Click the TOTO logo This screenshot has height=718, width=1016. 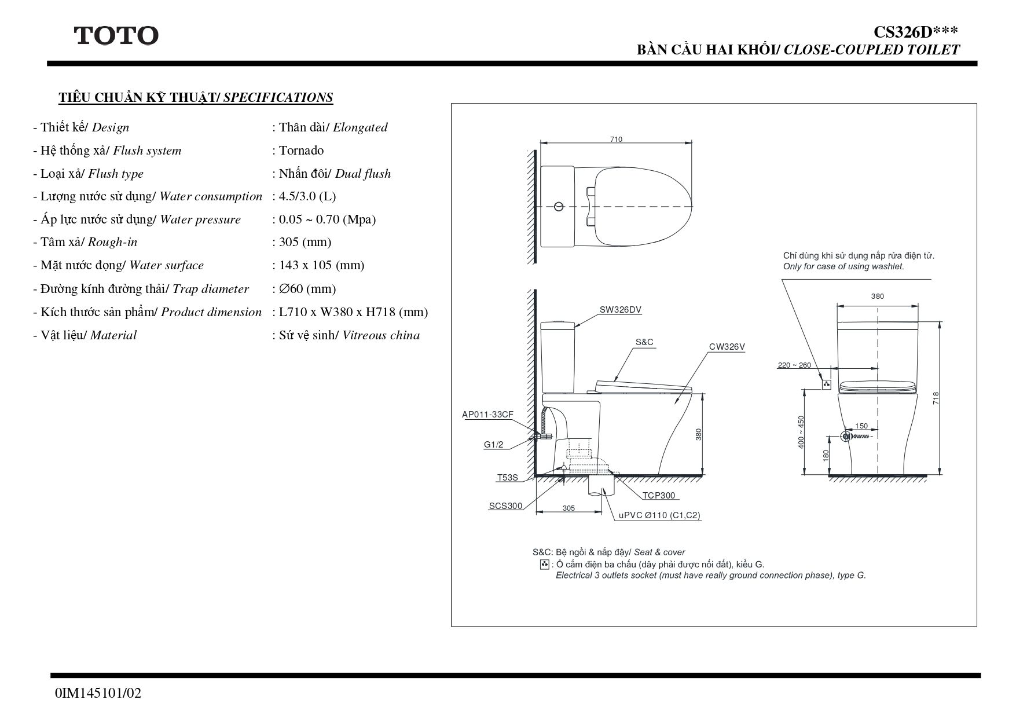[116, 36]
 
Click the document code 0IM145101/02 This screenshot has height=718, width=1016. [98, 693]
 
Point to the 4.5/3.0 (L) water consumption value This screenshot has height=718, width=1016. [307, 196]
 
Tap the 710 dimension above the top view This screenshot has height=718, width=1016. [616, 140]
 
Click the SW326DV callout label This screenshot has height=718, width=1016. [621, 310]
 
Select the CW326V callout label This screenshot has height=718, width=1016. [727, 347]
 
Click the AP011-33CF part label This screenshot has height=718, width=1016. [487, 415]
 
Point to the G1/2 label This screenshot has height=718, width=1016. [494, 445]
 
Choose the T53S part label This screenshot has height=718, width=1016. [508, 478]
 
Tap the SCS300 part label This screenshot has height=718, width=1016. [505, 506]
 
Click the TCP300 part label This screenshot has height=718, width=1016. [659, 496]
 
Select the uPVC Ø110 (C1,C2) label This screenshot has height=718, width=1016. [659, 515]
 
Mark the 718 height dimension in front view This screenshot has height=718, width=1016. [936, 398]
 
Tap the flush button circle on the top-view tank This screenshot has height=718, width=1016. [559, 206]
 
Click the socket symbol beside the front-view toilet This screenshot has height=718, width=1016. [827, 384]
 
